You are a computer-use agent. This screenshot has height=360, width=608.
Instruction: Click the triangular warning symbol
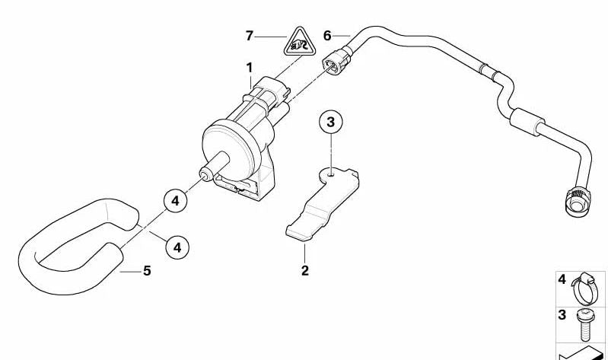coord(299,43)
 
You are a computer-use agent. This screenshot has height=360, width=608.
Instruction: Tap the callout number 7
coord(250,36)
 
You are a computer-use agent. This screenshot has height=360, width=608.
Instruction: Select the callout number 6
coord(327,36)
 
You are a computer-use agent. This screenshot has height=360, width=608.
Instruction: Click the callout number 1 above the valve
coord(250,68)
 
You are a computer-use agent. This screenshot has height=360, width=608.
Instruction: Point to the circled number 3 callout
coord(331,122)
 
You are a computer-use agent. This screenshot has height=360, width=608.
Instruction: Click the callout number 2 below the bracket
coord(305,271)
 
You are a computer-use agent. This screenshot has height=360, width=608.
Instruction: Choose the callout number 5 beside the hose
coord(147,271)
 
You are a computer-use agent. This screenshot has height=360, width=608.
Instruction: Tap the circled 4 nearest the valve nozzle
coord(176,201)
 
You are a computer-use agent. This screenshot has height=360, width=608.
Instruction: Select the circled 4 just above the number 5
coord(177,247)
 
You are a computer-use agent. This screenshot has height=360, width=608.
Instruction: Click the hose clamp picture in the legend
coord(584,289)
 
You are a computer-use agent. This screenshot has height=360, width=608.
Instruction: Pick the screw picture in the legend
coord(584,325)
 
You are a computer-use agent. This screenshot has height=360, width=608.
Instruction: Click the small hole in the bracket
coord(330,174)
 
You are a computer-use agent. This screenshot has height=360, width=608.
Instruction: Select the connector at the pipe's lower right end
coord(578,201)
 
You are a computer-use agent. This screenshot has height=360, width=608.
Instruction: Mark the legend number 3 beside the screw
coord(562,314)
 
